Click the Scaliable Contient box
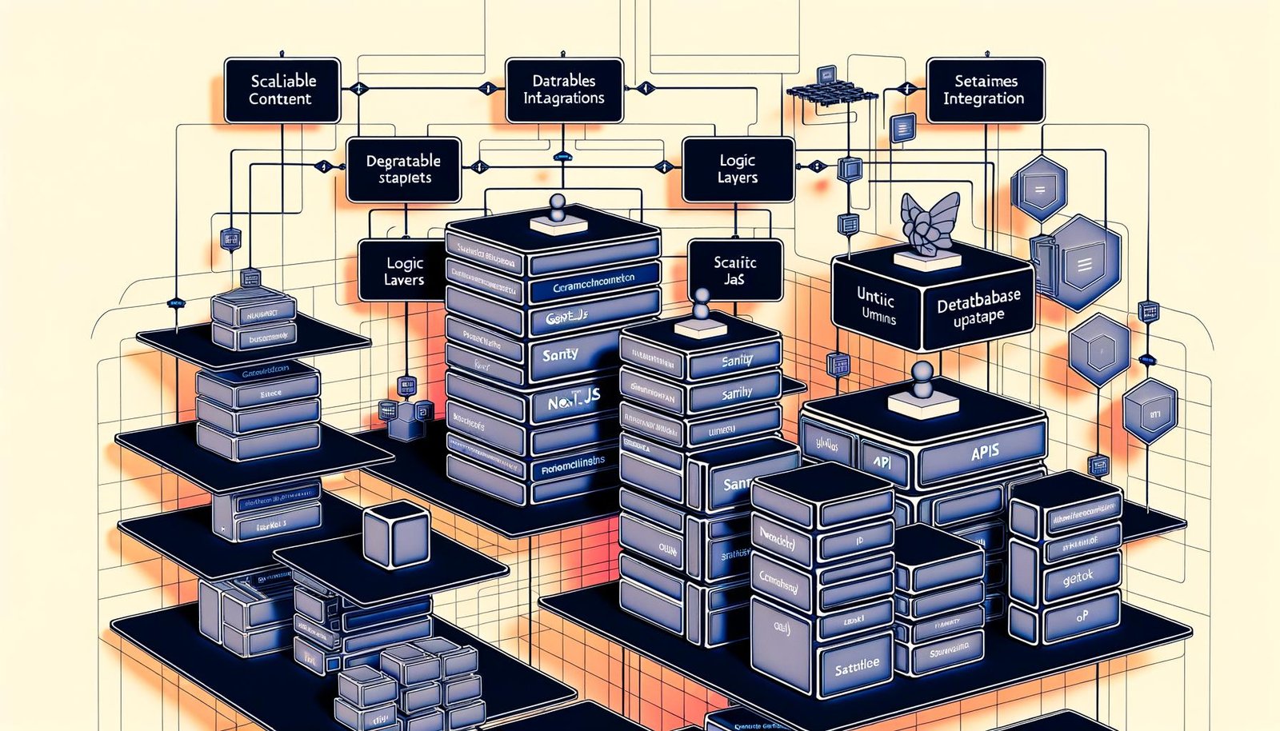pyautogui.click(x=282, y=90)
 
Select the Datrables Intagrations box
pyautogui.click(x=564, y=90)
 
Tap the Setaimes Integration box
pyautogui.click(x=985, y=90)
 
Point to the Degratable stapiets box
pyautogui.click(x=403, y=170)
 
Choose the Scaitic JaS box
pyautogui.click(x=734, y=270)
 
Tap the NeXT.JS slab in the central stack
pyautogui.click(x=574, y=401)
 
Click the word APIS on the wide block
pyautogui.click(x=984, y=453)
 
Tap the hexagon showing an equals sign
pyautogui.click(x=1040, y=190)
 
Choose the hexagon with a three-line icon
pyautogui.click(x=1085, y=264)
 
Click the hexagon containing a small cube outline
pyautogui.click(x=1098, y=350)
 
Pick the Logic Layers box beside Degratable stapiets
pyautogui.click(x=737, y=170)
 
